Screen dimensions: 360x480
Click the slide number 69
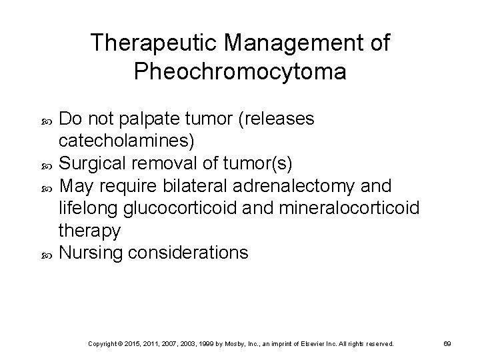[x=448, y=343]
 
